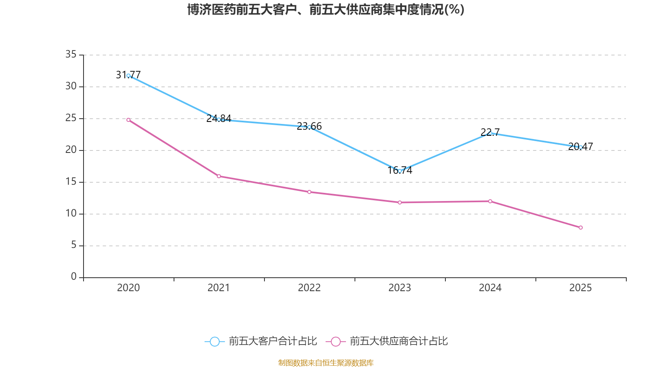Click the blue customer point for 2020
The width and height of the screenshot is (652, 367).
[128, 75]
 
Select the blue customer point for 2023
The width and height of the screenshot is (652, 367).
[400, 171]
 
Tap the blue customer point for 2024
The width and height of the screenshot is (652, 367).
[490, 133]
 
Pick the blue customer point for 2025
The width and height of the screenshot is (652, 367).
[581, 147]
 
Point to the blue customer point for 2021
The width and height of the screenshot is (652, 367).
[219, 119]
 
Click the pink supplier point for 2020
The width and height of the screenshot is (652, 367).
[128, 120]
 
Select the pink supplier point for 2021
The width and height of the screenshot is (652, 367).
[219, 176]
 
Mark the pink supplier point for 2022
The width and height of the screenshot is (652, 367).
[309, 192]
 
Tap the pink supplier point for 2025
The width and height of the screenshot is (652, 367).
[581, 228]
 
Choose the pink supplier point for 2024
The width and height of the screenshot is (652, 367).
[490, 201]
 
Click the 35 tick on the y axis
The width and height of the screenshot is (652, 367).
[71, 54]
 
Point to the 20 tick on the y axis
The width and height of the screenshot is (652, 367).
[71, 150]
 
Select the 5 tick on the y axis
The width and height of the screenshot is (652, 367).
[74, 245]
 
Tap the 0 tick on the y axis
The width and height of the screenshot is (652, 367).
[74, 277]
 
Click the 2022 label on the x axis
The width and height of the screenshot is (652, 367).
[309, 288]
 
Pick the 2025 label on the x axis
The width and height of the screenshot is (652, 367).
[580, 288]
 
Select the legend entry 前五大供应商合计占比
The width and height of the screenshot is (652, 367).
[388, 341]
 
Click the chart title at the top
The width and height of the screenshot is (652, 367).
[326, 9]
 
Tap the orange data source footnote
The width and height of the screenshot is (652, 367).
[326, 363]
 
